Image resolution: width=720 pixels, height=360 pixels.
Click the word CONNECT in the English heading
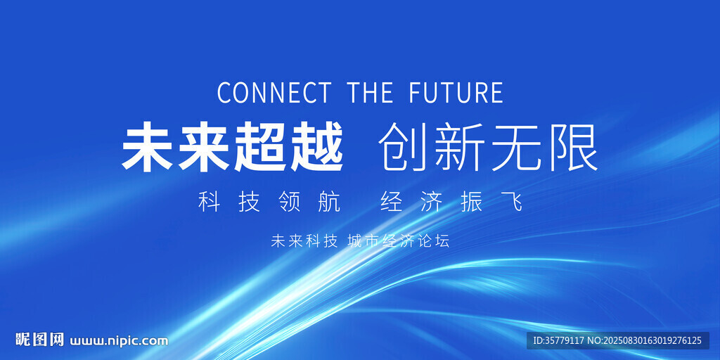click(x=274, y=92)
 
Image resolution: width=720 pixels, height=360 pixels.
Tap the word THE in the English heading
click(x=370, y=92)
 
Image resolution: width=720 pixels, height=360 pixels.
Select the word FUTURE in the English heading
click(x=456, y=92)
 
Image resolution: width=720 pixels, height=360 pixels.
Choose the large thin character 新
click(x=460, y=147)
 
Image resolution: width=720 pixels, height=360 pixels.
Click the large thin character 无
click(x=515, y=147)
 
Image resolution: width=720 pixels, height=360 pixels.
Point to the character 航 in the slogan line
click(x=330, y=202)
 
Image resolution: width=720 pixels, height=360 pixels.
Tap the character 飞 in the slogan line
click(x=512, y=202)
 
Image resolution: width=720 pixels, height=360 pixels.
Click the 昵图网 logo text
click(x=39, y=340)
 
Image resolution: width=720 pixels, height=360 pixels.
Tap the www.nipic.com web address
click(x=119, y=341)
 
